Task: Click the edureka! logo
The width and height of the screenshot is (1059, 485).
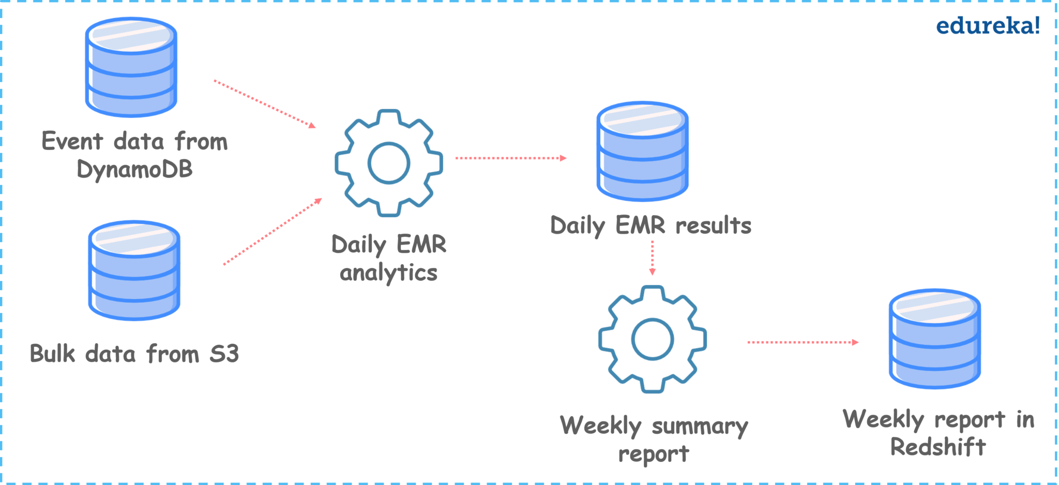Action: click(987, 26)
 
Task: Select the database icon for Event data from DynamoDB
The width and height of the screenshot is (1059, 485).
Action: click(131, 67)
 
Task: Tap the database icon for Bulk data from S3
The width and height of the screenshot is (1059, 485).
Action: click(134, 270)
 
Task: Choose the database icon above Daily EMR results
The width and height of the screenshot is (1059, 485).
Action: click(642, 151)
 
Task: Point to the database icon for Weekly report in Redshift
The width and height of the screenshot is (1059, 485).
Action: click(935, 339)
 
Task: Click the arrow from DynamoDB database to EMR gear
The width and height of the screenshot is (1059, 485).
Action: click(265, 104)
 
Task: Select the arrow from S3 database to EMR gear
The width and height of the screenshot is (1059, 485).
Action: click(273, 232)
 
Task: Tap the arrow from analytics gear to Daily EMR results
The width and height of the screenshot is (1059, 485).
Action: click(511, 158)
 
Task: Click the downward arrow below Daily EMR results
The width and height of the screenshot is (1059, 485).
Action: click(652, 257)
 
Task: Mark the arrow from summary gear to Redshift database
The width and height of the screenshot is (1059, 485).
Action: click(803, 342)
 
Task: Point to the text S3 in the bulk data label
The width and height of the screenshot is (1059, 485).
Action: click(224, 354)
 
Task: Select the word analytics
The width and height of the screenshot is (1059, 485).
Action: click(388, 273)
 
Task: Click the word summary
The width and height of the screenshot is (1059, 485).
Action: click(700, 427)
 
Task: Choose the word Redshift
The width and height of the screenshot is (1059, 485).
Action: click(938, 447)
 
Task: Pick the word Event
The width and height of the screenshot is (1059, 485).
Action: click(72, 141)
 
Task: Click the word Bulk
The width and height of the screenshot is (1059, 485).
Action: click(52, 354)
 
